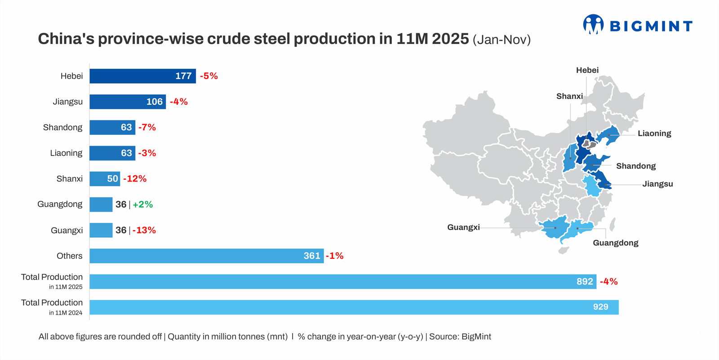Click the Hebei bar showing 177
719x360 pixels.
coord(142,76)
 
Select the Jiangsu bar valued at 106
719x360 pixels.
coord(128,102)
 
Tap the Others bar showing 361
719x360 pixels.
coord(206,256)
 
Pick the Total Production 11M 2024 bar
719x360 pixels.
coord(354,307)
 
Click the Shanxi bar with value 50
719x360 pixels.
coord(105,178)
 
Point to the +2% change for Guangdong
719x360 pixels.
coord(142,204)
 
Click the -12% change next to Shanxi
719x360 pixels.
coord(135,178)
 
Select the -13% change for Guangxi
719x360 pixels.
coord(144,230)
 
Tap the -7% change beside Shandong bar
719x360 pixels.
coord(147,127)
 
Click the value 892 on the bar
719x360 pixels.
coord(585,281)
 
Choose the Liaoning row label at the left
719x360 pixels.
coord(66,153)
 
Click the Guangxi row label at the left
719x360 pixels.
coord(67,230)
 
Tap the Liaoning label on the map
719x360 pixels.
coord(654,133)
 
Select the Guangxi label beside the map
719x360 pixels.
coord(463,227)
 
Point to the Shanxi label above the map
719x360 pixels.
coord(569,96)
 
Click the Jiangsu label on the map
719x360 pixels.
coord(657,184)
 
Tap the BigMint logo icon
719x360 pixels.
coord(593,24)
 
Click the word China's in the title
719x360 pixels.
coord(66,39)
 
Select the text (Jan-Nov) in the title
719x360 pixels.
coord(502,40)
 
